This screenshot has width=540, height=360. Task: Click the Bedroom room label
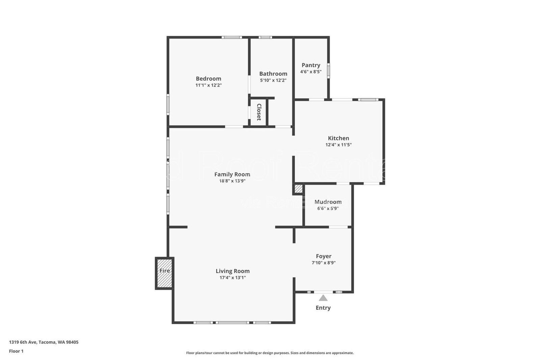(208, 79)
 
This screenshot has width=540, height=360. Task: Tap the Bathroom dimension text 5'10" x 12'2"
(273, 80)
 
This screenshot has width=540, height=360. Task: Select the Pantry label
(311, 65)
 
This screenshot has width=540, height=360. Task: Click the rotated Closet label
(259, 112)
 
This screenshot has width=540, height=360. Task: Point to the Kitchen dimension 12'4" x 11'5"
(339, 145)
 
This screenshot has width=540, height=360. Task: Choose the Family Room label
(232, 174)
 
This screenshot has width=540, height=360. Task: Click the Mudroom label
(328, 202)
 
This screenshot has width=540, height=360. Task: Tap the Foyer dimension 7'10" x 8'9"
(323, 263)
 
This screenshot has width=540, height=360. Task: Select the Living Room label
(233, 271)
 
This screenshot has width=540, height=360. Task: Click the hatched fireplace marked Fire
(165, 274)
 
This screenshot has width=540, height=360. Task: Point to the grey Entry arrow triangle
(323, 298)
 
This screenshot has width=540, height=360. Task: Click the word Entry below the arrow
(323, 308)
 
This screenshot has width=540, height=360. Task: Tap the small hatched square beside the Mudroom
(298, 189)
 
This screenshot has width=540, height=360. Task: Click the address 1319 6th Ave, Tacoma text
(44, 342)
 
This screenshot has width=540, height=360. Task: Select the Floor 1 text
(16, 351)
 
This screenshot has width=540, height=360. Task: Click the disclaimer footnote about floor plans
(270, 353)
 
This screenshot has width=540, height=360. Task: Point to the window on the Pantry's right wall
(328, 71)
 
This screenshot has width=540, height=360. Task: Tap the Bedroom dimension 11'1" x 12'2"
(208, 85)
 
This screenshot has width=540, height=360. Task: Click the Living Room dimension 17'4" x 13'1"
(233, 278)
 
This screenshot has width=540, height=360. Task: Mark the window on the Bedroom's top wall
(232, 37)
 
